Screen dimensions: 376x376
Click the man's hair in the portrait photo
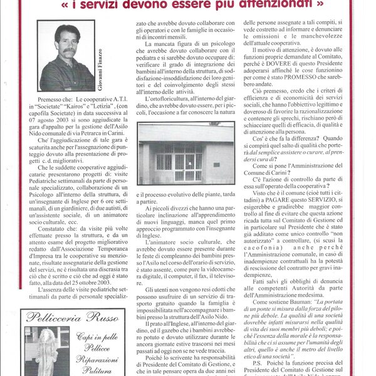66,31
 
